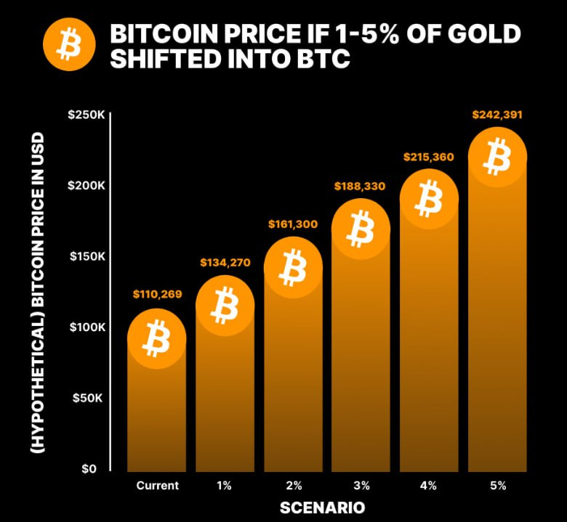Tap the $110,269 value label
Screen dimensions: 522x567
click(x=157, y=295)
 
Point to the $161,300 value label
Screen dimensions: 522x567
click(x=293, y=224)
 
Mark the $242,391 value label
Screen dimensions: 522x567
click(x=497, y=115)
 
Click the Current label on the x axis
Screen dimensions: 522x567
click(x=157, y=485)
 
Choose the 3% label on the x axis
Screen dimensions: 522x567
click(x=361, y=485)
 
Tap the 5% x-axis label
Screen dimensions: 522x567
click(x=497, y=485)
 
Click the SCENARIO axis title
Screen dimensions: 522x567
click(x=322, y=507)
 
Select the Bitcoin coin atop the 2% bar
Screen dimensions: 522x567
click(x=293, y=266)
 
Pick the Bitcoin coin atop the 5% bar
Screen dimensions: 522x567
click(x=497, y=157)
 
